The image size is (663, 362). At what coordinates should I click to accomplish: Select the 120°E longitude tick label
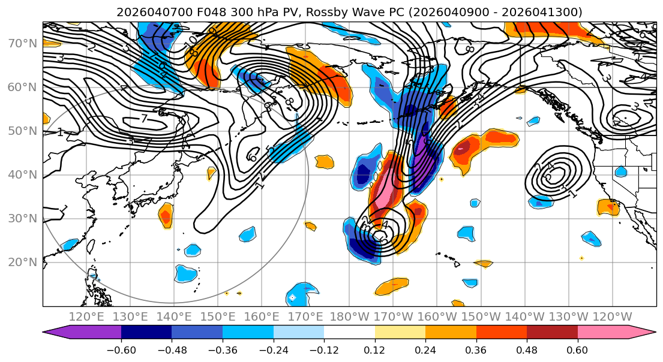86,316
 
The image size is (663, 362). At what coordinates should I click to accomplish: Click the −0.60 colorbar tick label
121,349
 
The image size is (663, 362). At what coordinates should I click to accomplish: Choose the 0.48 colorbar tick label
527,349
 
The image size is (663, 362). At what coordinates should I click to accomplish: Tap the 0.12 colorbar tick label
375,349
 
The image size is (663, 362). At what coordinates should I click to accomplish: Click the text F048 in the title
199,12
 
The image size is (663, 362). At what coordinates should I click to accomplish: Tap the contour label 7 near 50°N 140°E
144,119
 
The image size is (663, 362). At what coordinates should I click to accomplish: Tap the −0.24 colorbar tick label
274,349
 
